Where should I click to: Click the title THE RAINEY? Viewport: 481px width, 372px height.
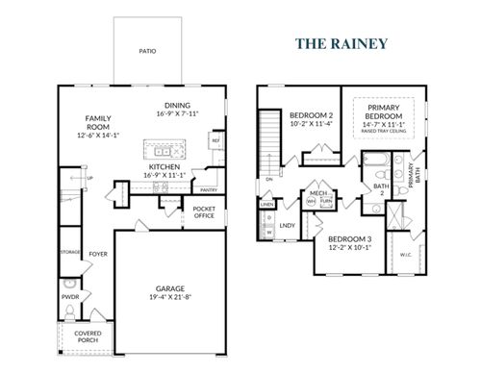[341, 43]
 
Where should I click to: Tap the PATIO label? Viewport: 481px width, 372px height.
[147, 50]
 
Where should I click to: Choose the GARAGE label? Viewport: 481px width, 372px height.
[170, 288]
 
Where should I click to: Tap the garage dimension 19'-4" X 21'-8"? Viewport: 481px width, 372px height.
[170, 298]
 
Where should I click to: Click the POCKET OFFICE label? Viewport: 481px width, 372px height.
[203, 212]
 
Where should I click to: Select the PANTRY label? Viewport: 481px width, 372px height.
[209, 189]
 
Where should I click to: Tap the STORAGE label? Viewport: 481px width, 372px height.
[68, 252]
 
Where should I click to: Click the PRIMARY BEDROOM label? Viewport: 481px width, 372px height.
[384, 111]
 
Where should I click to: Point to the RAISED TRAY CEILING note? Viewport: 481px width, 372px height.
[383, 132]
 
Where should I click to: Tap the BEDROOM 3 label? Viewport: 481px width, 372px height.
[349, 238]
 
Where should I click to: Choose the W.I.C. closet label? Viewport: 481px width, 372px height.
[403, 255]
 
